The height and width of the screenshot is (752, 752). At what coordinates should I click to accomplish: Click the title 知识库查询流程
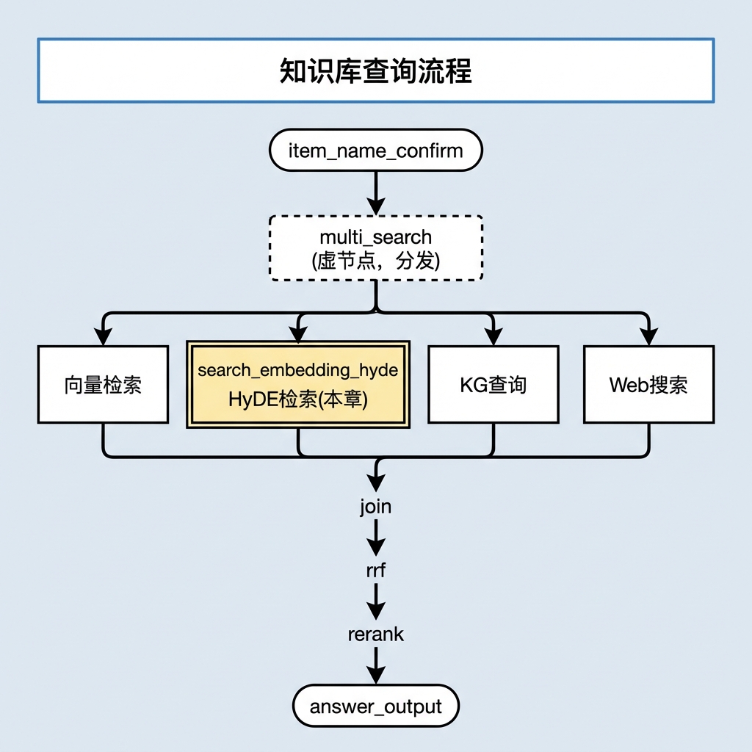(x=375, y=71)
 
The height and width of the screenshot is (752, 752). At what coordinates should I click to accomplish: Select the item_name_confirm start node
(x=375, y=150)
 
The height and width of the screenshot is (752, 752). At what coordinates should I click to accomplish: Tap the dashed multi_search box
(x=375, y=248)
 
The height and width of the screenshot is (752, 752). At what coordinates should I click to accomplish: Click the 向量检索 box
(x=103, y=384)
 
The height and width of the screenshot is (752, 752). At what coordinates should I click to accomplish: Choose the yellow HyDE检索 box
(x=298, y=384)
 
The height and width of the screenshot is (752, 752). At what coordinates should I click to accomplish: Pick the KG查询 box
(x=493, y=384)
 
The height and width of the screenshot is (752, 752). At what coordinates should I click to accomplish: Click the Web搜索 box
(x=648, y=384)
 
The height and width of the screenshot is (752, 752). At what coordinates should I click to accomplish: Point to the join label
(x=375, y=507)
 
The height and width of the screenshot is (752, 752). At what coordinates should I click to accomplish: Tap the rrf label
(x=375, y=570)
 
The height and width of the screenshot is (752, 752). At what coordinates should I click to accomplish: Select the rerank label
(x=375, y=634)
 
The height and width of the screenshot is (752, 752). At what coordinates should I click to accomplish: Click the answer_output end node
(x=375, y=706)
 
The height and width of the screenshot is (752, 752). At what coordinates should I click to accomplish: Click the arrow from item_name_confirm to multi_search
(x=375, y=193)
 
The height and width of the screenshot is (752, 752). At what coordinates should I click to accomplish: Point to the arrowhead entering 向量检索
(x=103, y=336)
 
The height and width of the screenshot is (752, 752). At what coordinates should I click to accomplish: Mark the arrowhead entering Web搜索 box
(x=648, y=336)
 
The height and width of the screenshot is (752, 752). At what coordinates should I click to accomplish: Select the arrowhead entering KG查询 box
(x=493, y=336)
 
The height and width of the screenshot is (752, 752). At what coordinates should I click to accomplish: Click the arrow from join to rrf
(x=375, y=538)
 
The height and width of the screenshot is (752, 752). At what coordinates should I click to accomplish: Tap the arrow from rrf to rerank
(x=375, y=601)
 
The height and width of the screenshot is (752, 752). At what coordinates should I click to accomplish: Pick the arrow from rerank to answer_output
(x=375, y=665)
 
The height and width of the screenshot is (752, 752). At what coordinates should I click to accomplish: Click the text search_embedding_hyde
(x=298, y=370)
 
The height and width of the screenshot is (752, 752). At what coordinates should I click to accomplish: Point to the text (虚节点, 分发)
(x=375, y=261)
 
